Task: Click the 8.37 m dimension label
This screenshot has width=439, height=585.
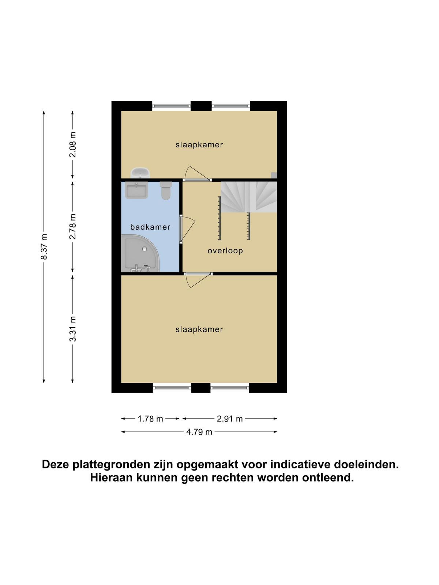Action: pyautogui.click(x=44, y=246)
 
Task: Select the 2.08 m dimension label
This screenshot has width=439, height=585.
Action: pyautogui.click(x=72, y=144)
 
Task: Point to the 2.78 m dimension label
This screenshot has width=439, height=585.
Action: pyautogui.click(x=72, y=226)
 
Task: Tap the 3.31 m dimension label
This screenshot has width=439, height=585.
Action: pyautogui.click(x=72, y=329)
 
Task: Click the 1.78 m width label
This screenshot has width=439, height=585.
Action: pyautogui.click(x=150, y=419)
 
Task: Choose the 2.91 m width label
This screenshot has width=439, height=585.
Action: pyautogui.click(x=229, y=419)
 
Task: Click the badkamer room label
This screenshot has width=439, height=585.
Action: pyautogui.click(x=150, y=227)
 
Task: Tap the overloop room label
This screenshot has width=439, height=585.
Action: pyautogui.click(x=225, y=251)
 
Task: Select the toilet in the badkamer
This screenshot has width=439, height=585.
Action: pyautogui.click(x=166, y=191)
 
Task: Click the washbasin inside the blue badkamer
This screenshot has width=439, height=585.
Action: pyautogui.click(x=136, y=190)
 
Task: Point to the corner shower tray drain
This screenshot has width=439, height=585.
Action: pyautogui.click(x=145, y=249)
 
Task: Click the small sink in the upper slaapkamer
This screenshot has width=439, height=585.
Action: pyautogui.click(x=140, y=173)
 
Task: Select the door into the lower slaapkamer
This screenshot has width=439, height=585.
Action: pyautogui.click(x=198, y=281)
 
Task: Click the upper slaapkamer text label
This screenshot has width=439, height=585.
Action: pyautogui.click(x=199, y=145)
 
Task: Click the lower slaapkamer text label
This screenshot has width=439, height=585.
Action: pyautogui.click(x=199, y=330)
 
